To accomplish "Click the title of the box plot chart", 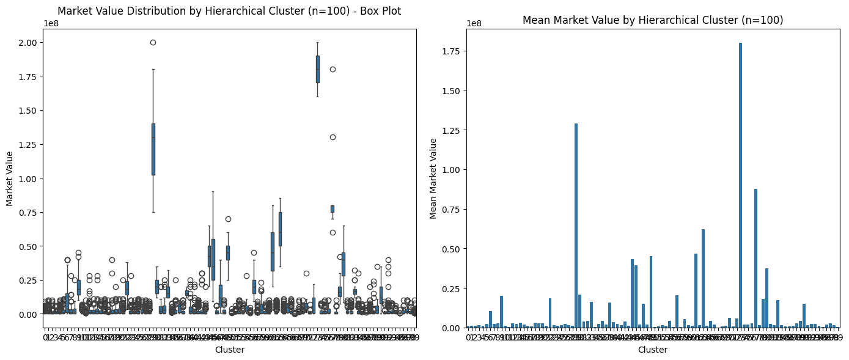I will (229, 11).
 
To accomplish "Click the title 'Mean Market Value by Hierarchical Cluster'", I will (653, 20).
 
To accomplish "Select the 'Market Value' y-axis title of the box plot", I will (10, 178).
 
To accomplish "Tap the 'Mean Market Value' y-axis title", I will (433, 178).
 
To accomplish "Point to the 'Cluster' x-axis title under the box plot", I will (229, 350).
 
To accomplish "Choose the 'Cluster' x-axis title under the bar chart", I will (653, 350).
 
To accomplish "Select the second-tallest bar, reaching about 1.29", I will (576, 226).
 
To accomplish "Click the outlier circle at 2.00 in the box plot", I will (153, 42).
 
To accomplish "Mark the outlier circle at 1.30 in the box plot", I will (333, 137).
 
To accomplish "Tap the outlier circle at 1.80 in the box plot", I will (333, 69).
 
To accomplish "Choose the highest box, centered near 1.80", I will (318, 69).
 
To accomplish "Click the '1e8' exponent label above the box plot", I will (51, 23).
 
